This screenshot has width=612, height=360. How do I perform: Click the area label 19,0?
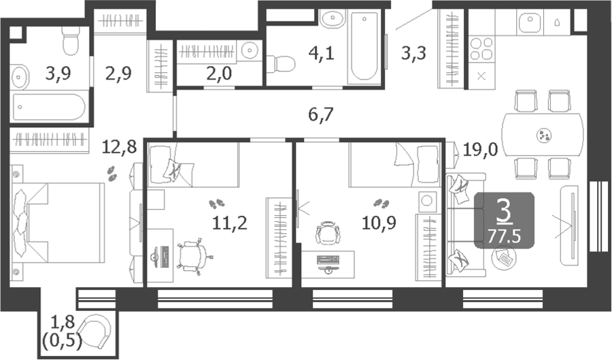480,150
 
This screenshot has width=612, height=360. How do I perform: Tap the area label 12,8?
119,147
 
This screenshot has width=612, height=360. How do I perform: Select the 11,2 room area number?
230,223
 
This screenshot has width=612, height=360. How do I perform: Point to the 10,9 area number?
379,223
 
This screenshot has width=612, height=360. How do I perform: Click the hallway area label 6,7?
321,115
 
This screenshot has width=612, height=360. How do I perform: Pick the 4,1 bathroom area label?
321,52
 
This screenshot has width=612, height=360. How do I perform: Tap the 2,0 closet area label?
219,73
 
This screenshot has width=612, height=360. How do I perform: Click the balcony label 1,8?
63,323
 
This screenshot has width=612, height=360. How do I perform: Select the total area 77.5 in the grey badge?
505,236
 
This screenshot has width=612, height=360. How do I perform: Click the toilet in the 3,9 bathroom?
71,41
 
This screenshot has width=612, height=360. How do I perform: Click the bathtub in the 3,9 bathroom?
49,107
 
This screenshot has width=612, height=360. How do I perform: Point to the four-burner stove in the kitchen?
481,49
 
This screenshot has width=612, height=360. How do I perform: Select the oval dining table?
543,135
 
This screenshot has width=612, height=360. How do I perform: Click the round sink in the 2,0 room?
249,50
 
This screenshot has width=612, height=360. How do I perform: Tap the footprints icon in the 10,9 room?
381,203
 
